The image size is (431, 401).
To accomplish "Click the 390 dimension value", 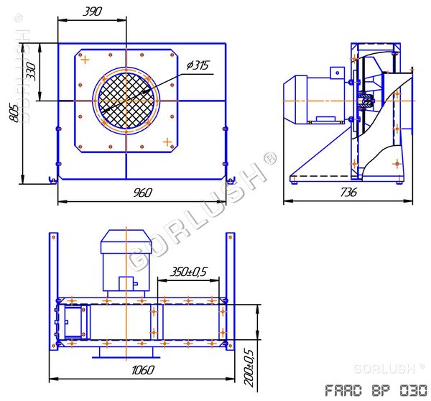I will pos(92,11).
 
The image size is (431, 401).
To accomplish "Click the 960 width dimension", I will pos(142,192).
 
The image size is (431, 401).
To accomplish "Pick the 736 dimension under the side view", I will pos(350,192).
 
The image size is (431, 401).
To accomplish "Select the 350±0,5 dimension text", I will pos(187,272).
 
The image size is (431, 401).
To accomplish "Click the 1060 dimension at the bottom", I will pos(144,369).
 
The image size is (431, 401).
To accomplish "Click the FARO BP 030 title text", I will pos(370,390).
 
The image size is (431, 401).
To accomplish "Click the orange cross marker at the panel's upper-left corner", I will pos(85,60).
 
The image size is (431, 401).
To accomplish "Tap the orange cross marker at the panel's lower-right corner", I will pos(167,141).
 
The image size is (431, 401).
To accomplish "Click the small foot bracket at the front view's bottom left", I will pos(50,178).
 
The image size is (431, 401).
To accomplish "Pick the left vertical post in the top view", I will pos(52,291).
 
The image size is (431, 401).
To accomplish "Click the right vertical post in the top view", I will pos(230,291).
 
